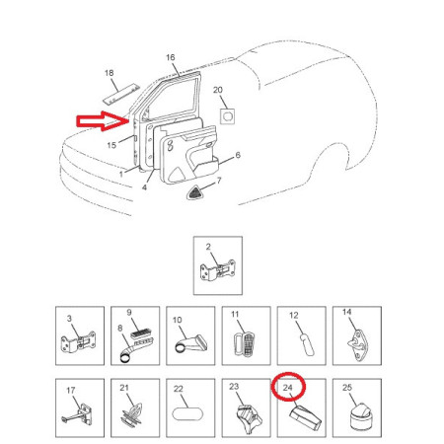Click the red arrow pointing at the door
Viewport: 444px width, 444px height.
coord(103,121)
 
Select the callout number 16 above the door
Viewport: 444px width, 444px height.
coord(171,57)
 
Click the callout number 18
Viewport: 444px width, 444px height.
coord(110,73)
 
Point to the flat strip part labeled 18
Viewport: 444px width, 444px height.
coord(121,95)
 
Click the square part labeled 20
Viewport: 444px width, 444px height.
coord(227,116)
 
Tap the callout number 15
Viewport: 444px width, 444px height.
coord(111,145)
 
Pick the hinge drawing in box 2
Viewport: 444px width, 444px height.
coord(218,270)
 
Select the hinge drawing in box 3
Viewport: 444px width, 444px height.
coord(78,342)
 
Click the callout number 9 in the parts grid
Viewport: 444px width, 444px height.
coord(129,313)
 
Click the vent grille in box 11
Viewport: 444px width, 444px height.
coord(246,344)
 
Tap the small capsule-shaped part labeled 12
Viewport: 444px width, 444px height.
coord(308,346)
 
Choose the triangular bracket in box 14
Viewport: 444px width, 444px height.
coord(358,344)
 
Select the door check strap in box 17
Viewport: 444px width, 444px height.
coord(77,415)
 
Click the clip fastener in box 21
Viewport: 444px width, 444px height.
coord(132,415)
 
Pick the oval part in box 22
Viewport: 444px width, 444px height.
coord(187,414)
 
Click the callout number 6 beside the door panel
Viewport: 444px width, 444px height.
coord(238,155)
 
